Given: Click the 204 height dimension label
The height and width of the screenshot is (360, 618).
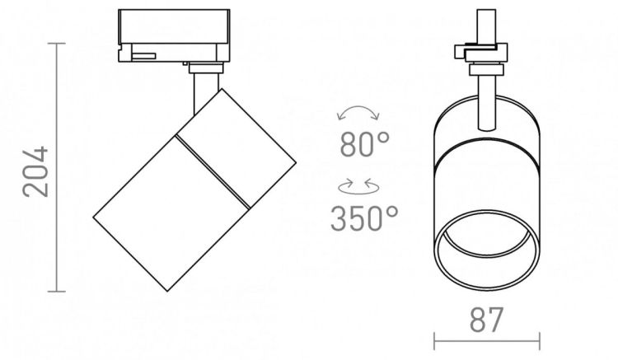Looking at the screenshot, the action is coord(35,171).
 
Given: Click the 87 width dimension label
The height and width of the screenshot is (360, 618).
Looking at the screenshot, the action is coord(486,320).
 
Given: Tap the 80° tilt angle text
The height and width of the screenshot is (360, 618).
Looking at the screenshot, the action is coord(364,144).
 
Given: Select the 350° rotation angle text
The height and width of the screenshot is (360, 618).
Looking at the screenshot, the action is coord(364,217).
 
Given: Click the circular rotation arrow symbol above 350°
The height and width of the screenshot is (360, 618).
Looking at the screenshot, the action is coord(358,187).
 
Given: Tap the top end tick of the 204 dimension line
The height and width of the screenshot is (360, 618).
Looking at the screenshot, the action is coord(57,44).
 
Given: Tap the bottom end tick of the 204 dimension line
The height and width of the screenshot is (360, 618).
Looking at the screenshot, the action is coord(57,292).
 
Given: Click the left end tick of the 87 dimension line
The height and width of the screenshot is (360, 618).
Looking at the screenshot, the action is coord(434,341).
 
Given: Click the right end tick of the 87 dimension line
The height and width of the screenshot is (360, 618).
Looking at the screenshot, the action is coord(540,341).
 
